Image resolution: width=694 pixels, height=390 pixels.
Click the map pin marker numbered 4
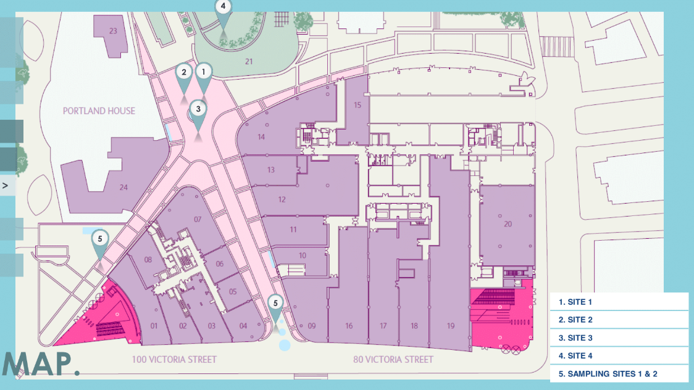pyautogui.click(x=223, y=8)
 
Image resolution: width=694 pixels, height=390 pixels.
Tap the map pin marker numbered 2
pyautogui.click(x=183, y=72)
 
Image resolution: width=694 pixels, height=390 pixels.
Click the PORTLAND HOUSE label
pyautogui.click(x=99, y=111)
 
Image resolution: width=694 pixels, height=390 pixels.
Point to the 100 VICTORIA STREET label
pyautogui.click(x=174, y=359)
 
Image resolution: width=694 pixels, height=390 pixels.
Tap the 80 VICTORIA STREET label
pyautogui.click(x=393, y=359)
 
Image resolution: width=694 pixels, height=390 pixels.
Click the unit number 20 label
pyautogui.click(x=508, y=224)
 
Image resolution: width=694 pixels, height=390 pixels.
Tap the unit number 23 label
pyautogui.click(x=112, y=31)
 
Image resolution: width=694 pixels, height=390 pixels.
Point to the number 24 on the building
pyautogui.click(x=123, y=187)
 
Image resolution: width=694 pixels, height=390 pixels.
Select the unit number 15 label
pyautogui.click(x=357, y=105)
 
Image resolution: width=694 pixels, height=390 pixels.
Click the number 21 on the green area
pyautogui.click(x=249, y=61)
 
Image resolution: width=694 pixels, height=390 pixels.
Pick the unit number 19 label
pyautogui.click(x=450, y=326)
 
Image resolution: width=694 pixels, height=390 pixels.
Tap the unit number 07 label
pyautogui.click(x=198, y=219)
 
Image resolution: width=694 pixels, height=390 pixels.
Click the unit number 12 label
pyautogui.click(x=282, y=199)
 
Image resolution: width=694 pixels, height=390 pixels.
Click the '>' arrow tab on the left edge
pyautogui.click(x=6, y=185)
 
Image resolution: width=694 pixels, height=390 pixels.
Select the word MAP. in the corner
pyautogui.click(x=40, y=364)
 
